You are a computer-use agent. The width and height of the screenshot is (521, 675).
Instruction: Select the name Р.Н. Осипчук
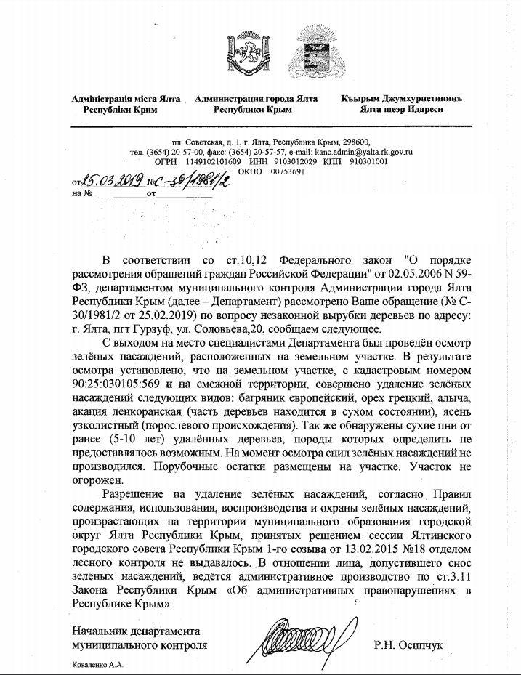pos(408,644)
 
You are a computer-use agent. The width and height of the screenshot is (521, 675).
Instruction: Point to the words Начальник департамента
pos(135,630)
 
